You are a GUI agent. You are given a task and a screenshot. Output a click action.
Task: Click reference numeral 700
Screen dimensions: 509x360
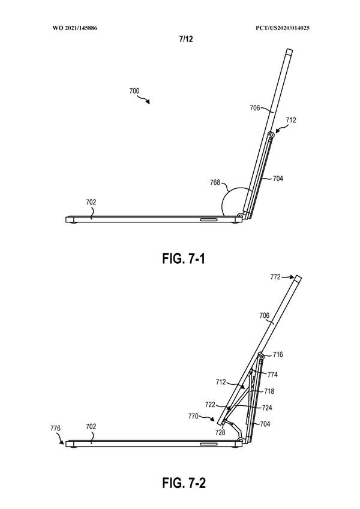(x=134, y=92)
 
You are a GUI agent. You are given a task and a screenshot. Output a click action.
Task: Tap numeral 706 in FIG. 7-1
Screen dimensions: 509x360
(x=255, y=108)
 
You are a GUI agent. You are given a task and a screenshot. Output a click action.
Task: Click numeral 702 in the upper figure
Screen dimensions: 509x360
(x=91, y=203)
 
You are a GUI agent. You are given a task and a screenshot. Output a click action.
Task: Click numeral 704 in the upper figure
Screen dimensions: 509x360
(x=278, y=178)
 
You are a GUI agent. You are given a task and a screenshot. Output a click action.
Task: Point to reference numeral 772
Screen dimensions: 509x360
(x=275, y=278)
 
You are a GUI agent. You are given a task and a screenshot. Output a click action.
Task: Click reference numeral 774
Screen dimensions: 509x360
(x=272, y=375)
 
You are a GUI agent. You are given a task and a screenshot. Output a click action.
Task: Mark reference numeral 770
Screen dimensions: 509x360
(x=193, y=414)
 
